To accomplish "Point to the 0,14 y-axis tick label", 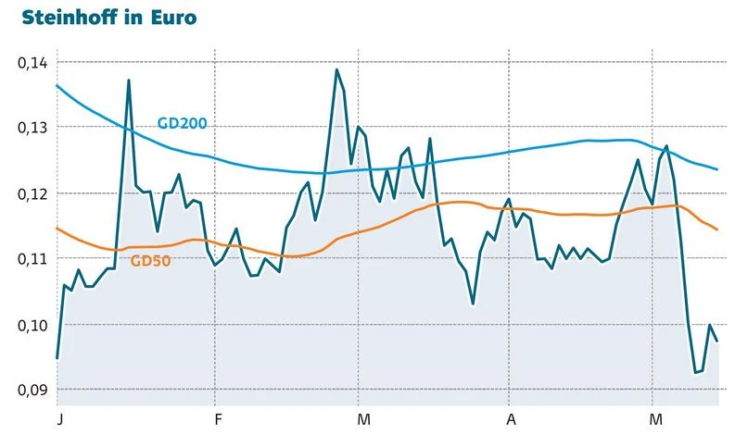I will (x=31, y=63).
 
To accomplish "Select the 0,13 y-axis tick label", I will (x=31, y=128).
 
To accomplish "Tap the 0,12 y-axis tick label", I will (x=31, y=193).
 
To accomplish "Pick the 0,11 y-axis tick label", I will (x=31, y=258).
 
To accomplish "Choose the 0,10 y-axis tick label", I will (x=31, y=325).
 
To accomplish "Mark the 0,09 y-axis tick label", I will (x=31, y=390).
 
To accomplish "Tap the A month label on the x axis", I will (x=510, y=418).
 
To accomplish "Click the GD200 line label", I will (x=182, y=123).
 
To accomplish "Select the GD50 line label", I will (x=150, y=261).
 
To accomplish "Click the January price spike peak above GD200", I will (x=128, y=81).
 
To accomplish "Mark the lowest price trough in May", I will (x=695, y=373).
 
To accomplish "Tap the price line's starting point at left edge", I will (x=57, y=358).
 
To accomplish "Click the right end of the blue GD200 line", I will (x=718, y=169).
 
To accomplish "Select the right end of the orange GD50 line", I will (x=718, y=230).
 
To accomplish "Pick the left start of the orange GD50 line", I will (x=57, y=228).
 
